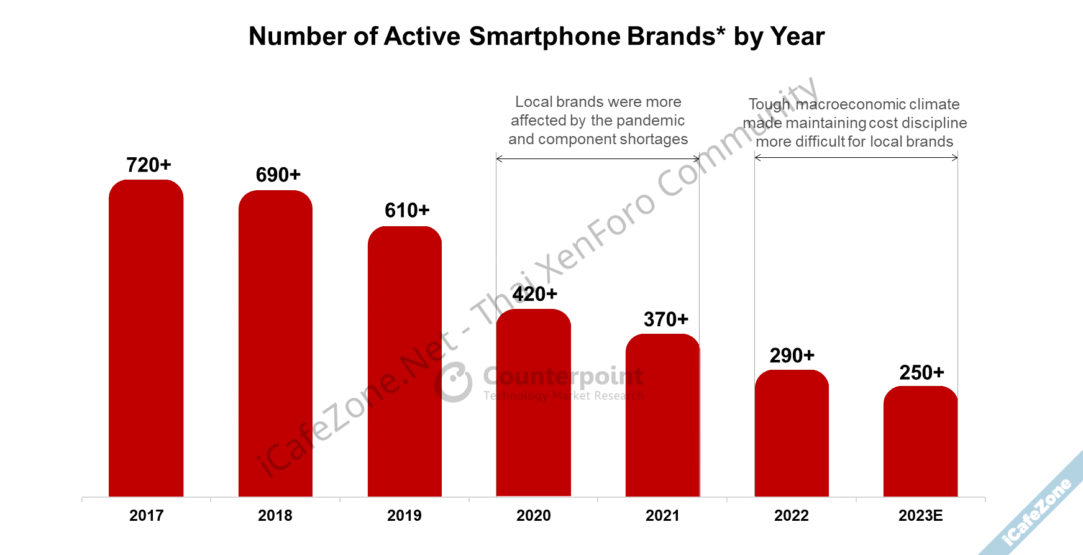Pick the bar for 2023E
pos(920,441)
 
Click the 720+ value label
pos(149,165)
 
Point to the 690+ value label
pos(278,175)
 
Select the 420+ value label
pos(535,294)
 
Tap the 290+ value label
pos(792,355)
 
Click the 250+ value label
pos(921,373)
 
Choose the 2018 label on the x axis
pos(275,516)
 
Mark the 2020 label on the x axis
pos(533,516)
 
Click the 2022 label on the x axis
pos(792,516)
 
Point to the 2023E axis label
pos(920,516)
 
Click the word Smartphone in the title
pos(544,37)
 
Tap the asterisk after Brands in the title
pos(720,31)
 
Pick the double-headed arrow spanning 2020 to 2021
pos(598,159)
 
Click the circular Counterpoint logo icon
pos(454,382)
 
